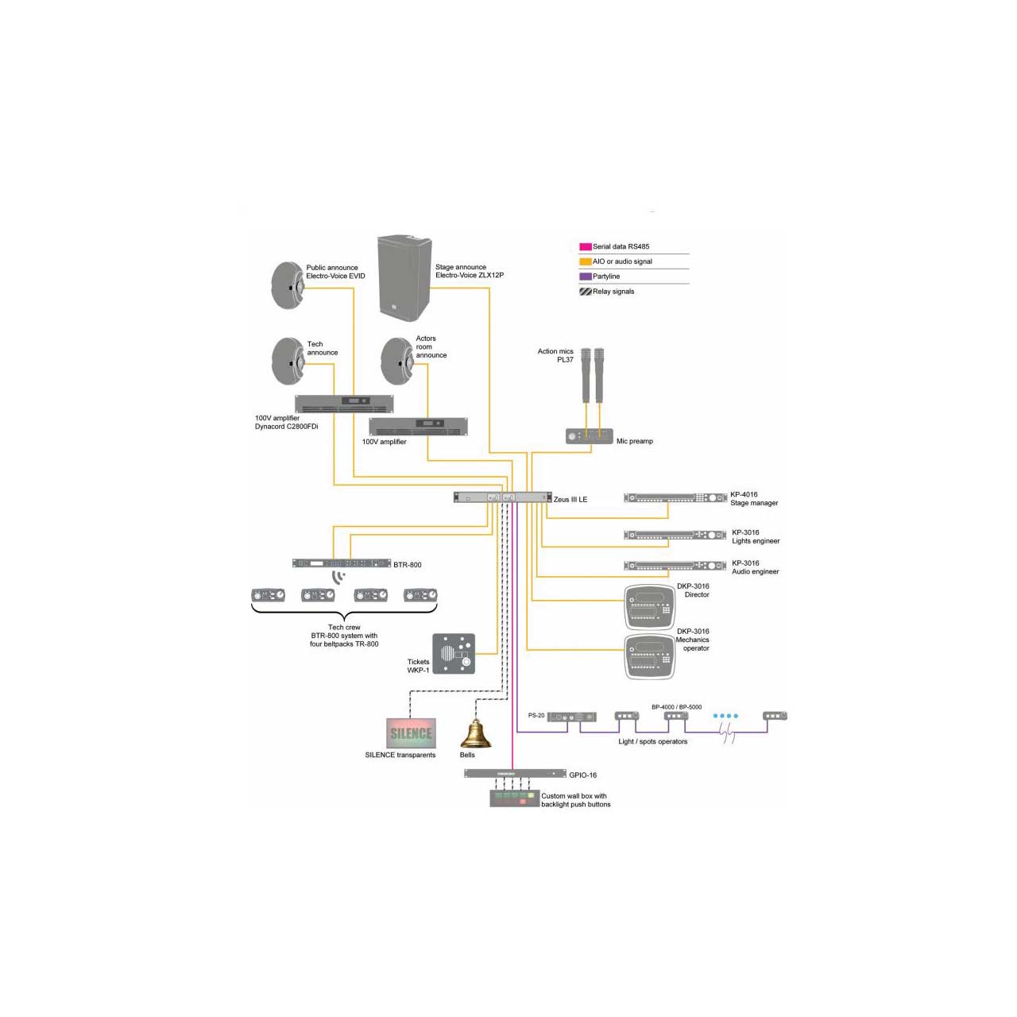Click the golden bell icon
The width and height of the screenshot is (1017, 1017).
pos(476,733)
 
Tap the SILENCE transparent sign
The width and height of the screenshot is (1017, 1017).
pos(411,733)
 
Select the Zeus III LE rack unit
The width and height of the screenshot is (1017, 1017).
pos(502,497)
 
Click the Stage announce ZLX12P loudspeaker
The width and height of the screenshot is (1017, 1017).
pos(404,277)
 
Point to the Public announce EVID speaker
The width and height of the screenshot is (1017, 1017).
pos(288,285)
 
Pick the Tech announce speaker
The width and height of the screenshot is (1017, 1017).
pos(288,361)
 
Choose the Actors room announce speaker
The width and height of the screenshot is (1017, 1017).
pos(397,361)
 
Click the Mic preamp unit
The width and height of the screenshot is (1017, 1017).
pos(589,436)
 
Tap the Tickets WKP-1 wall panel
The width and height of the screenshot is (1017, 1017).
pos(454,653)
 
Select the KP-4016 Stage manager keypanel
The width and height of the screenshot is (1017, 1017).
pos(675,497)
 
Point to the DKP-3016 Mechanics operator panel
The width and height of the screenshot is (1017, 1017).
pos(650,656)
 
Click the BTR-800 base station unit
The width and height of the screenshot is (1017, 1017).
pos(342,563)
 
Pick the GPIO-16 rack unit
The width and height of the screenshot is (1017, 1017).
pos(515,774)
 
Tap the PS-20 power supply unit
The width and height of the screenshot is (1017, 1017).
pos(571,717)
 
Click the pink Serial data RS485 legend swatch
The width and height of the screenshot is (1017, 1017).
pos(586,246)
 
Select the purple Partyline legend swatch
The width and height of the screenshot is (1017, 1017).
pos(586,276)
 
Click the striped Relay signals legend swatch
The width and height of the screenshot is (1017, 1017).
pos(586,292)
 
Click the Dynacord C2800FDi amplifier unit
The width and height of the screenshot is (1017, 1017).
pos(344,404)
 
